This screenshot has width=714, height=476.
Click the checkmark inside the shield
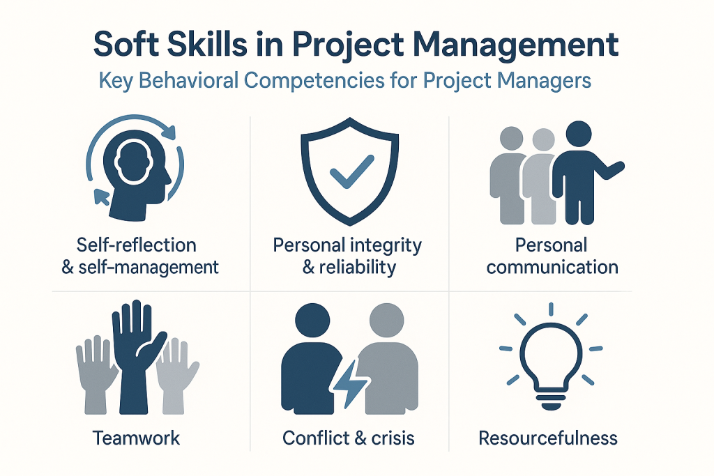coord(352,171)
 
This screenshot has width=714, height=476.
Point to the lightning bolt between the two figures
coord(350,382)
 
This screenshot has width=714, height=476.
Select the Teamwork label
coord(136,438)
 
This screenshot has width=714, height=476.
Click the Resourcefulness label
coord(548,438)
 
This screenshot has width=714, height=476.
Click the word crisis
coord(393,438)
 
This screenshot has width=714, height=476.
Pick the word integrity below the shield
coord(384,246)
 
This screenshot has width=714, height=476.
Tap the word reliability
coord(358,267)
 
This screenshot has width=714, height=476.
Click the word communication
coord(552,267)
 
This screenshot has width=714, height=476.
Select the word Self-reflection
coord(136,245)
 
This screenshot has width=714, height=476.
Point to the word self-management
coord(149,268)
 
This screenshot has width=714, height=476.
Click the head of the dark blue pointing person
coord(578,134)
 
